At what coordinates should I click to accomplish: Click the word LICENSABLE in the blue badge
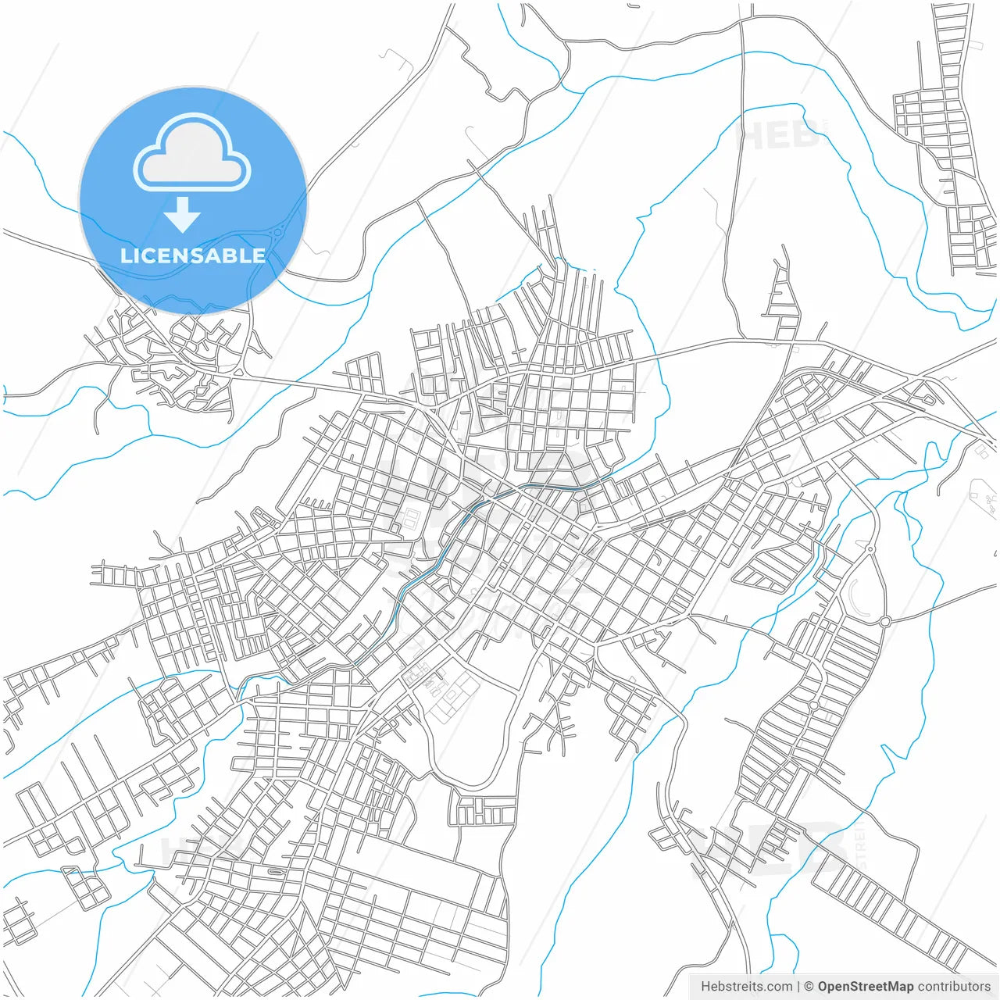(x=192, y=255)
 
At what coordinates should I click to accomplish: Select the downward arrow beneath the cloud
(x=183, y=215)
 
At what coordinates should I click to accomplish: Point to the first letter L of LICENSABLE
(x=125, y=255)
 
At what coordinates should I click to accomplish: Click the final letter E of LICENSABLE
(x=258, y=255)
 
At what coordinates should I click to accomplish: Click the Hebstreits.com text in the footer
(x=746, y=987)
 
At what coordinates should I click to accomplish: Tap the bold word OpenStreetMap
(x=866, y=987)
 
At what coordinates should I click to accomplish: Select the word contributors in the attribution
(x=954, y=987)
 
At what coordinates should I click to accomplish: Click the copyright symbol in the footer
(x=809, y=987)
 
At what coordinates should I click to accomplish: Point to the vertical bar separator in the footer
(x=798, y=987)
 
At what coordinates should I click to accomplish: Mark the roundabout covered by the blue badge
(x=277, y=231)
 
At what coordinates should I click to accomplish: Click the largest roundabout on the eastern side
(x=885, y=621)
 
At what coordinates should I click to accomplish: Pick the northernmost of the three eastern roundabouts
(x=870, y=549)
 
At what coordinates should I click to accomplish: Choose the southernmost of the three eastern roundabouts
(x=813, y=705)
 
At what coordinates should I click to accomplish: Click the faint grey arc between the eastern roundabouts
(x=854, y=598)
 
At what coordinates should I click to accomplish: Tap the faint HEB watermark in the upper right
(x=777, y=135)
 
